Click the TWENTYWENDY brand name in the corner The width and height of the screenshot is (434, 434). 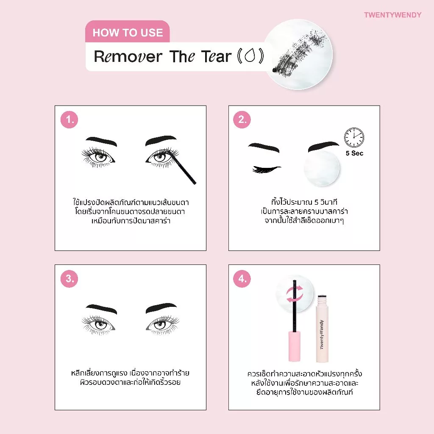[x=392, y=15]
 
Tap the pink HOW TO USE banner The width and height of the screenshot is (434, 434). [x=127, y=32]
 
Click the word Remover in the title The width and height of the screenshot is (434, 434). [x=128, y=56]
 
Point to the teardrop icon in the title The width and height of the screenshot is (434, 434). [x=250, y=56]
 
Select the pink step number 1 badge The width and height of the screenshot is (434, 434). [x=69, y=120]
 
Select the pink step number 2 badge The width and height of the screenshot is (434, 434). [x=242, y=120]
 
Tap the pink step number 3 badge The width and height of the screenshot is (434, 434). [x=69, y=279]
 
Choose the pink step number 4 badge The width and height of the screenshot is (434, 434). [x=242, y=279]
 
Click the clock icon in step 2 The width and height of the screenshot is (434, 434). [x=354, y=137]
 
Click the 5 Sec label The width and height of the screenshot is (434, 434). [x=354, y=153]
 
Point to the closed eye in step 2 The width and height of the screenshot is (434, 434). [x=266, y=169]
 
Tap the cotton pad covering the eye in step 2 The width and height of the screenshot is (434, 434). [x=321, y=168]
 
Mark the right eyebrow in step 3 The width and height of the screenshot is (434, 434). [x=161, y=308]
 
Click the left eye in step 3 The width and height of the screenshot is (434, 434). [x=98, y=325]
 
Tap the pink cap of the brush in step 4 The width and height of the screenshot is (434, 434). [x=295, y=346]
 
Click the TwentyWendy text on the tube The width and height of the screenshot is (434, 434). [x=321, y=335]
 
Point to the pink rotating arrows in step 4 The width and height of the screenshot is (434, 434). [x=295, y=295]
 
